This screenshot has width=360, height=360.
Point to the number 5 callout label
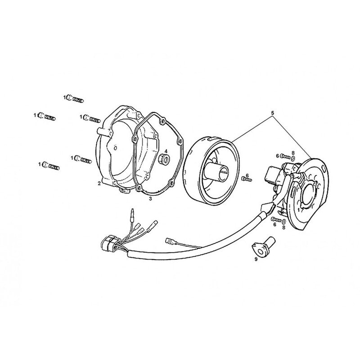point(273,113)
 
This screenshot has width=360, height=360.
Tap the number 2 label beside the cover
point(99,183)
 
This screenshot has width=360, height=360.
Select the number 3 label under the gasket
point(150,198)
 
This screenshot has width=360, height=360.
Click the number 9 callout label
point(256,259)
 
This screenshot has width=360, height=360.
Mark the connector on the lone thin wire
point(169,241)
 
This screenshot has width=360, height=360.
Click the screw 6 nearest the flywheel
point(247,179)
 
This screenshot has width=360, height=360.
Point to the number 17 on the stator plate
point(300,210)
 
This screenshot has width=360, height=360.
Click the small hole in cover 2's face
point(115,148)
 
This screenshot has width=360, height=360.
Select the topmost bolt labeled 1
point(75,99)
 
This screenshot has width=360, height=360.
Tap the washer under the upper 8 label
point(293,158)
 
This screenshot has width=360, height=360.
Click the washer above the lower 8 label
point(284,222)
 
